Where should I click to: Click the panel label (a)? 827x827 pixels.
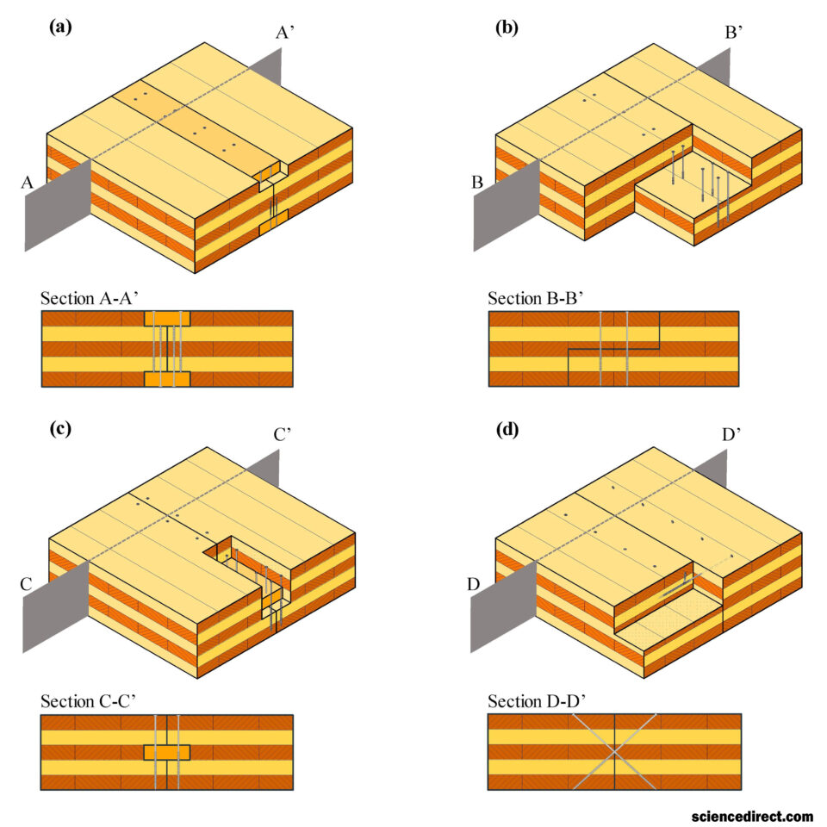(x=60, y=27)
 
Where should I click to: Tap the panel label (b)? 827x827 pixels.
(x=507, y=27)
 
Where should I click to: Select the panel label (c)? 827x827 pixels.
(x=60, y=428)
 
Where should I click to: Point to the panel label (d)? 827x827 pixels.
(x=507, y=429)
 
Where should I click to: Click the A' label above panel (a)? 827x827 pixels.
(x=285, y=33)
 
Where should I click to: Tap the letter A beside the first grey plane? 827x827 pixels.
(x=27, y=183)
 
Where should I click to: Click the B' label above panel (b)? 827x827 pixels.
(x=734, y=33)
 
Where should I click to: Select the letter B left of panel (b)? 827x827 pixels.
(x=476, y=183)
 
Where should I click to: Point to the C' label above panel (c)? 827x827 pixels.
(x=283, y=434)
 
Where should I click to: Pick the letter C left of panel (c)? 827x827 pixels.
(x=26, y=584)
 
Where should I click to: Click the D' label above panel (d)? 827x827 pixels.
(x=731, y=434)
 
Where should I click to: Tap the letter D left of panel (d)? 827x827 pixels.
(x=474, y=584)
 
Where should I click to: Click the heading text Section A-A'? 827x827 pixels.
(x=89, y=299)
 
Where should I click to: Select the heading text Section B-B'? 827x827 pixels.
(x=535, y=299)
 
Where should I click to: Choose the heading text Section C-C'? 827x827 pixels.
(x=88, y=701)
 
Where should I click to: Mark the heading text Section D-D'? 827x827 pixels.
(x=537, y=701)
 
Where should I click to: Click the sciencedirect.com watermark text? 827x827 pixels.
(x=752, y=817)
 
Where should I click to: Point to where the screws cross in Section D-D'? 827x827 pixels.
(x=614, y=752)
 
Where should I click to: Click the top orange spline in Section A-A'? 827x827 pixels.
(x=167, y=318)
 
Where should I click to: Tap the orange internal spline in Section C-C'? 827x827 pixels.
(x=166, y=752)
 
